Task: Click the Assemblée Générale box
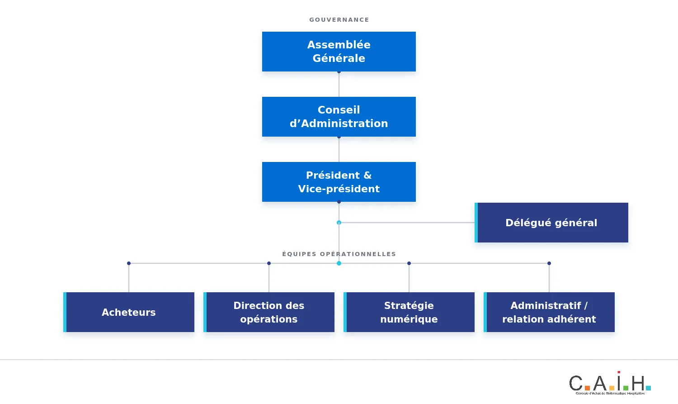click(339, 52)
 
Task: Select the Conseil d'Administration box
click(339, 117)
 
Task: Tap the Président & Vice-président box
click(339, 182)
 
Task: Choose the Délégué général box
click(551, 223)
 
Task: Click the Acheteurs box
click(129, 312)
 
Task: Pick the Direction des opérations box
click(269, 312)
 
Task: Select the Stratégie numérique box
click(409, 312)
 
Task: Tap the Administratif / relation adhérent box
click(549, 312)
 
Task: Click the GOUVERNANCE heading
click(339, 20)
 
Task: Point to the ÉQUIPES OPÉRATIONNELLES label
click(339, 254)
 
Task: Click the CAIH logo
click(610, 383)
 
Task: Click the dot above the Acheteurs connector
click(129, 263)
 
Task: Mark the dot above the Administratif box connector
click(549, 263)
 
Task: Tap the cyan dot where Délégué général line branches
click(339, 223)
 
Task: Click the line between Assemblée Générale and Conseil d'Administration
click(339, 85)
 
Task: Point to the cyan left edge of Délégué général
click(476, 223)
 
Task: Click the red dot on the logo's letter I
click(619, 372)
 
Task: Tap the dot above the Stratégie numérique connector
click(409, 263)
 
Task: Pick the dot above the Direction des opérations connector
click(269, 263)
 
